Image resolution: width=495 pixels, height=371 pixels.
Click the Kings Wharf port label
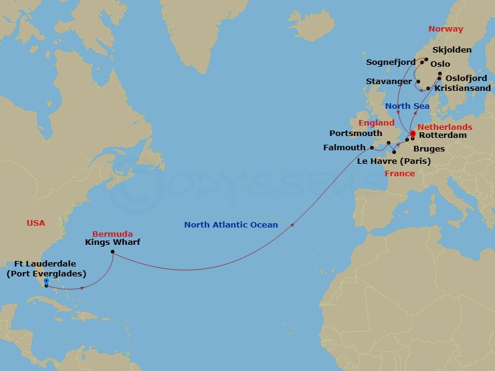click(x=113, y=242)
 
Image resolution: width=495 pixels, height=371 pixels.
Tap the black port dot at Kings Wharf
click(x=113, y=252)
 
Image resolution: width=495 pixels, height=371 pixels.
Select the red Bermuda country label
click(x=112, y=234)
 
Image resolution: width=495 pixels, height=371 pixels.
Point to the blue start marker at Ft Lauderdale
click(x=46, y=281)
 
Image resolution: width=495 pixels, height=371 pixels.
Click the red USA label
click(x=36, y=223)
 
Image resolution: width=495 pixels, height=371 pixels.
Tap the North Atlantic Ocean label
click(x=231, y=225)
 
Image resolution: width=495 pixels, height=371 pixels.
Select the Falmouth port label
click(x=345, y=148)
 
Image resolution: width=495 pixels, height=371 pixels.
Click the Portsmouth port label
click(x=356, y=133)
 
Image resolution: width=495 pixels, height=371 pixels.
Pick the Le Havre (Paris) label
click(x=394, y=161)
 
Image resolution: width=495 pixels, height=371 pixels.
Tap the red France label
click(x=400, y=174)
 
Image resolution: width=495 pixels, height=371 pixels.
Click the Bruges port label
click(x=429, y=149)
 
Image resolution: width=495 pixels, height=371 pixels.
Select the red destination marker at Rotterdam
click(x=413, y=132)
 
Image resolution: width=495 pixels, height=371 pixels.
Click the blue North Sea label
click(x=407, y=106)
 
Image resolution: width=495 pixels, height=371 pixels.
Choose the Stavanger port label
click(x=389, y=82)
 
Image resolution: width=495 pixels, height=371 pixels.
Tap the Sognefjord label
click(x=390, y=62)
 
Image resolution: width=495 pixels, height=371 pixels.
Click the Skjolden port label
click(x=452, y=50)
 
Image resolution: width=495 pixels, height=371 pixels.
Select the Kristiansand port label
click(x=463, y=88)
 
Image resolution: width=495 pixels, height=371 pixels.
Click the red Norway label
click(x=445, y=29)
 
